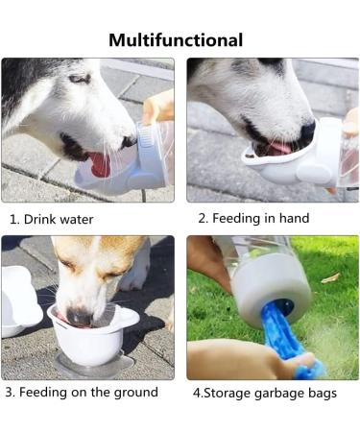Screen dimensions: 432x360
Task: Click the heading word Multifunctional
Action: [176, 39]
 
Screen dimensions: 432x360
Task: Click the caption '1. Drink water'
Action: [52, 219]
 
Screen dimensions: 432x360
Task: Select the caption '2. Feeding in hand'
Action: [253, 218]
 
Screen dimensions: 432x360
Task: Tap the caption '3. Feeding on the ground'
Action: [81, 392]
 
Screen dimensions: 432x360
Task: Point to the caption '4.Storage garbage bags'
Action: [264, 393]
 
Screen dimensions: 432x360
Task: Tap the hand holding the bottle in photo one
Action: [158, 107]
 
